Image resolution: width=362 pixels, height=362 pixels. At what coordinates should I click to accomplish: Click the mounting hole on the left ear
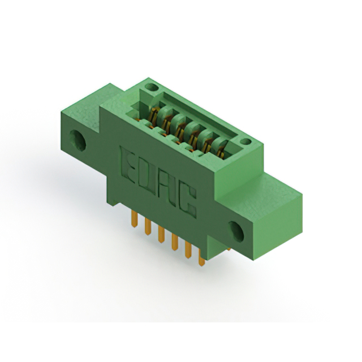point(78,141)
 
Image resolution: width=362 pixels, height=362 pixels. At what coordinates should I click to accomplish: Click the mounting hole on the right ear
point(236,232)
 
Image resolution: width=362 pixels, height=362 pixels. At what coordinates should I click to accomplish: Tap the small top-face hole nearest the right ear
point(246,141)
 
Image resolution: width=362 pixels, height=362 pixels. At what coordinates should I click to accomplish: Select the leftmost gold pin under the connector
point(135,219)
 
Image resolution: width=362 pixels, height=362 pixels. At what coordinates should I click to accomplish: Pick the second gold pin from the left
point(148,226)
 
